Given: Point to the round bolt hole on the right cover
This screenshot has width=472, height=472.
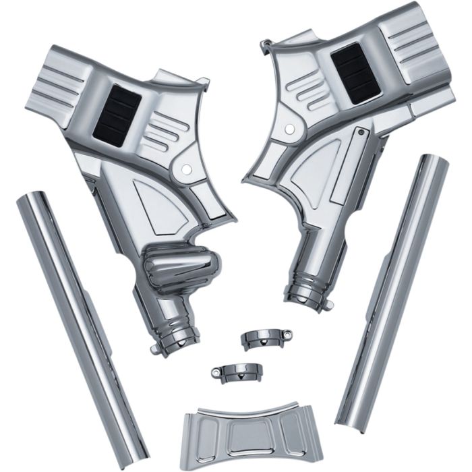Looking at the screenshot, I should [x=289, y=127].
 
